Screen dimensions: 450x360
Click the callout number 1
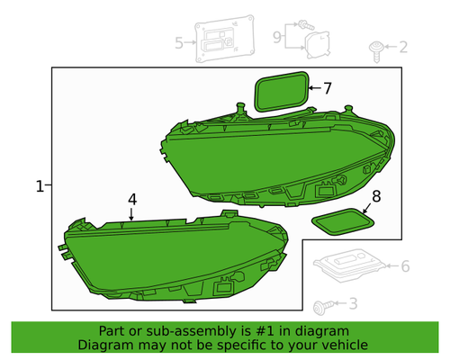pos(40,186)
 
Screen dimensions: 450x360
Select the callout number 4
pos(132,200)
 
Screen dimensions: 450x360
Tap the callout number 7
pos(328,88)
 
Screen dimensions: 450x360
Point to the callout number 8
pos(376,196)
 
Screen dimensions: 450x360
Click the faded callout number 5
pos(179,43)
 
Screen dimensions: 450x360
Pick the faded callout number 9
pos(277,37)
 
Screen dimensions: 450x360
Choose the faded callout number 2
pos(403,47)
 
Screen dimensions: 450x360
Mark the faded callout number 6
pos(405,266)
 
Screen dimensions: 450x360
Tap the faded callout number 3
pos(353,303)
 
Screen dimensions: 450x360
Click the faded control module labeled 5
pos(225,39)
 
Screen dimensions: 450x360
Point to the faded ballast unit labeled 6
pos(349,265)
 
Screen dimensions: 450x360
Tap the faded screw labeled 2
pos(376,51)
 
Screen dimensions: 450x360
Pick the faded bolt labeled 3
pos(322,307)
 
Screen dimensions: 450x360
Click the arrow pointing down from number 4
pos(131,214)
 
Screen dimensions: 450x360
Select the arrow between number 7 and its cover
pos(315,88)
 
